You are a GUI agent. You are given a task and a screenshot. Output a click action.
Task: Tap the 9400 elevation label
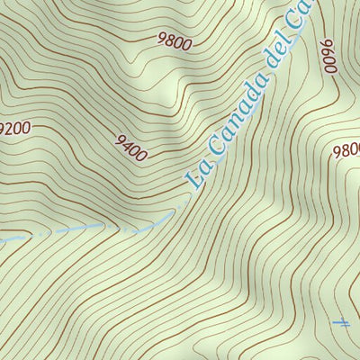[x=130, y=148]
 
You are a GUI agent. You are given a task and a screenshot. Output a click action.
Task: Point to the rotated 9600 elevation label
[x=327, y=57]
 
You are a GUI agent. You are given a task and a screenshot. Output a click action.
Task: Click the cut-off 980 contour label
[x=346, y=150]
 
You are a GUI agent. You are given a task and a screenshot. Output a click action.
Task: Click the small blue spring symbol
[x=340, y=322]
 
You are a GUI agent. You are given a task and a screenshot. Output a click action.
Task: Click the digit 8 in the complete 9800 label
[x=170, y=40]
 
